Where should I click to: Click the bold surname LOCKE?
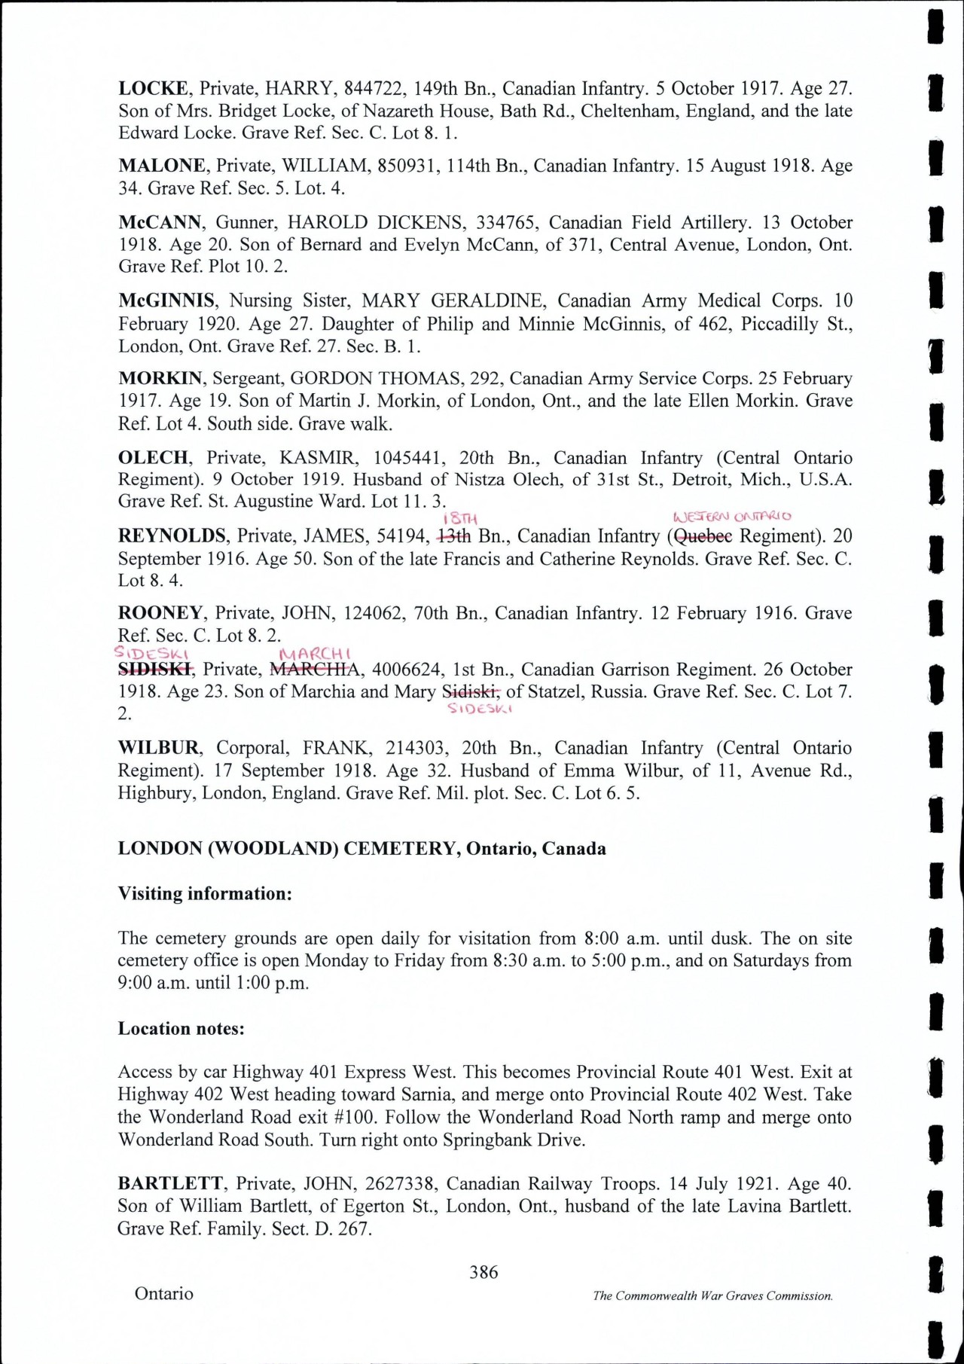click(153, 89)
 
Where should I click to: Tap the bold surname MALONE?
click(161, 166)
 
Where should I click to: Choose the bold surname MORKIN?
click(160, 378)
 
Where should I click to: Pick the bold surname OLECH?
click(153, 458)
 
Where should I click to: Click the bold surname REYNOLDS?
click(172, 536)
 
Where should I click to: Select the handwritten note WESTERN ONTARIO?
click(731, 517)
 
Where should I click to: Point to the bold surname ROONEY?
click(161, 613)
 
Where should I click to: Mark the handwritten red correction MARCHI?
click(316, 654)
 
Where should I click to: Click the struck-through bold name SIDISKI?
click(156, 669)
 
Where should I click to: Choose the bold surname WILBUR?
click(158, 748)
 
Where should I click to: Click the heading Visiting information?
click(205, 893)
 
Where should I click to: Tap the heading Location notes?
click(181, 1028)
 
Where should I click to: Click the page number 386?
click(484, 1272)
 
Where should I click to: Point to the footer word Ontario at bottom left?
click(164, 1293)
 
